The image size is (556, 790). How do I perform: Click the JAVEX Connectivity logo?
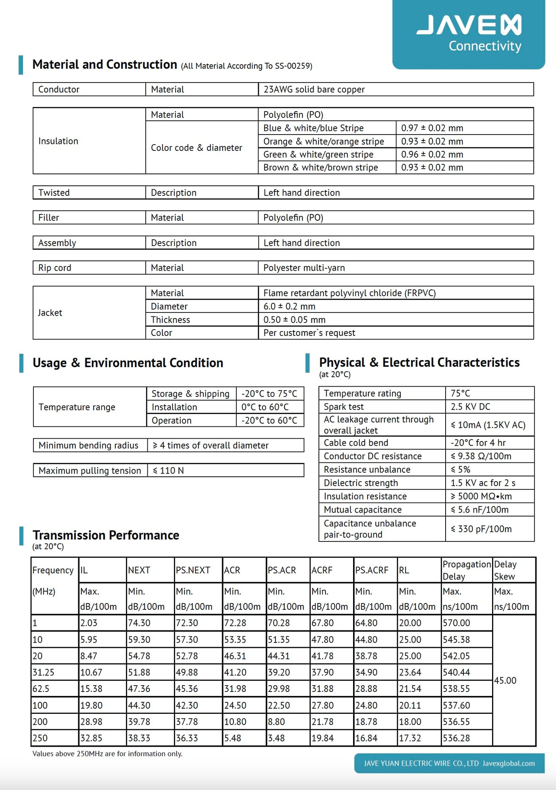point(469,33)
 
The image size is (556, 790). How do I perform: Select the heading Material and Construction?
point(105,65)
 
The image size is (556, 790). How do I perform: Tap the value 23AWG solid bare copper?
point(314,90)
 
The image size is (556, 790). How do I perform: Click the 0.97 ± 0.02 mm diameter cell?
point(432,128)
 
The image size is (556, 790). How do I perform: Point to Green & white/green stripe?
point(318,154)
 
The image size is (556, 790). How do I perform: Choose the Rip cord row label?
point(55,268)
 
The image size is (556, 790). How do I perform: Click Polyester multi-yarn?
point(304,268)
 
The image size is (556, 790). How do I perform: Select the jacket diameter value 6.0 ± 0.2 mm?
point(289,306)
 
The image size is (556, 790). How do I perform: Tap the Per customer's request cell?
point(309,333)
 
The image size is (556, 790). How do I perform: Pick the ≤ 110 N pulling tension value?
point(168,470)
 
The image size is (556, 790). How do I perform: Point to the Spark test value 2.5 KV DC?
point(470,407)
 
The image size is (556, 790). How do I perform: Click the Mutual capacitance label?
point(363,510)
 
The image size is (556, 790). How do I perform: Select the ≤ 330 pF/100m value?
point(481,529)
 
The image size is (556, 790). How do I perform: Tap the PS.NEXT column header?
point(193,570)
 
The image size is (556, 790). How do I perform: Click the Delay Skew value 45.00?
point(505,680)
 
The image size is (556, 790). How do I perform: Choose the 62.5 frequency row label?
point(41,689)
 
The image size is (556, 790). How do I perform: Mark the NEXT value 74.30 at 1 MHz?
point(139,623)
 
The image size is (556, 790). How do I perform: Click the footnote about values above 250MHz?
point(107,754)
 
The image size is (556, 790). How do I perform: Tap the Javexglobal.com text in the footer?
point(508,763)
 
